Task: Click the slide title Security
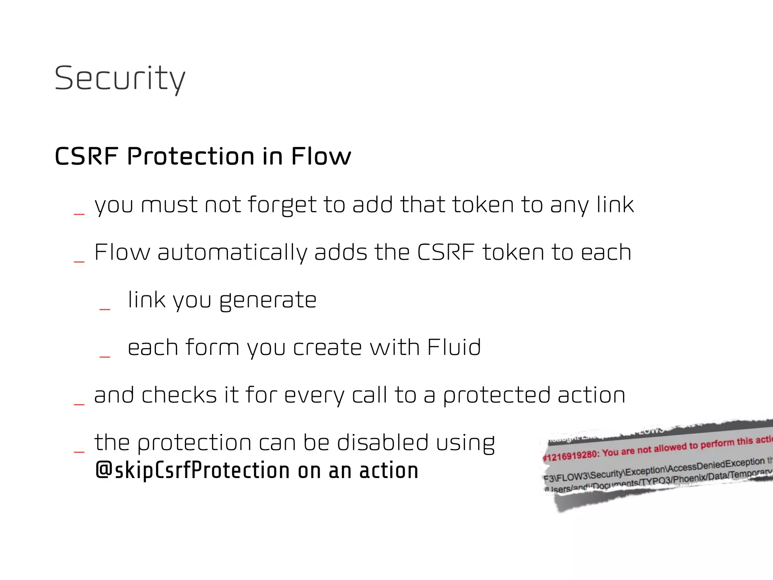pos(120,78)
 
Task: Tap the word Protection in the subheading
pos(191,156)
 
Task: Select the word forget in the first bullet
pos(282,205)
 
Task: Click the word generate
pos(268,300)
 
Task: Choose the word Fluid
pos(454,347)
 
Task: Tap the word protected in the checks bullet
pos(496,395)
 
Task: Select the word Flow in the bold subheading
pos(321,156)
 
